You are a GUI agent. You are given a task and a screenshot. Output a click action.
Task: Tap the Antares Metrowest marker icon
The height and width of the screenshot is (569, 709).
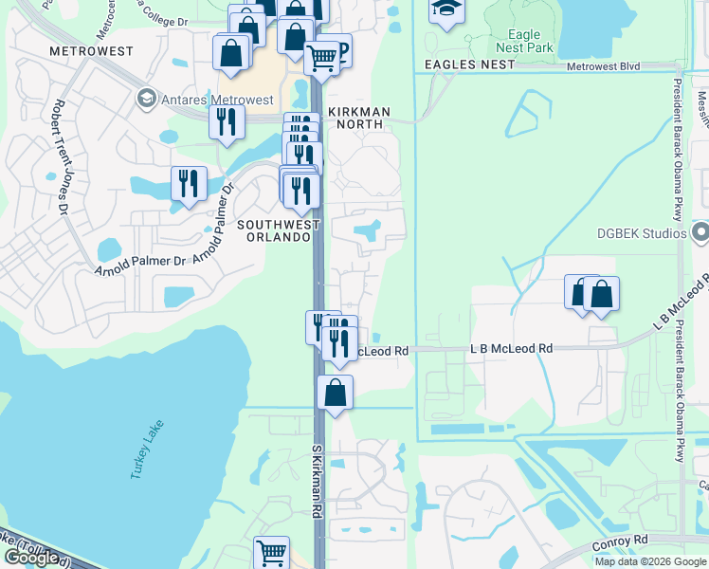click(146, 98)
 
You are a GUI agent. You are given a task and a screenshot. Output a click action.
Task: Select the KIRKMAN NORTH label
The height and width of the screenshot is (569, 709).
click(359, 111)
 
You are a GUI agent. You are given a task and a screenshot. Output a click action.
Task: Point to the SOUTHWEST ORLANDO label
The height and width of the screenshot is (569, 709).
click(275, 230)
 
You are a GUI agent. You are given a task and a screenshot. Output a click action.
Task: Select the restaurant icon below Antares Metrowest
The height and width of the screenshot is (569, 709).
click(227, 120)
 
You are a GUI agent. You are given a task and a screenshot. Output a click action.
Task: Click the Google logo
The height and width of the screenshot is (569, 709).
click(31, 557)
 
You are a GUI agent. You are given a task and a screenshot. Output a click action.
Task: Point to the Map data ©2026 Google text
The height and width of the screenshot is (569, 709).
click(650, 561)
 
